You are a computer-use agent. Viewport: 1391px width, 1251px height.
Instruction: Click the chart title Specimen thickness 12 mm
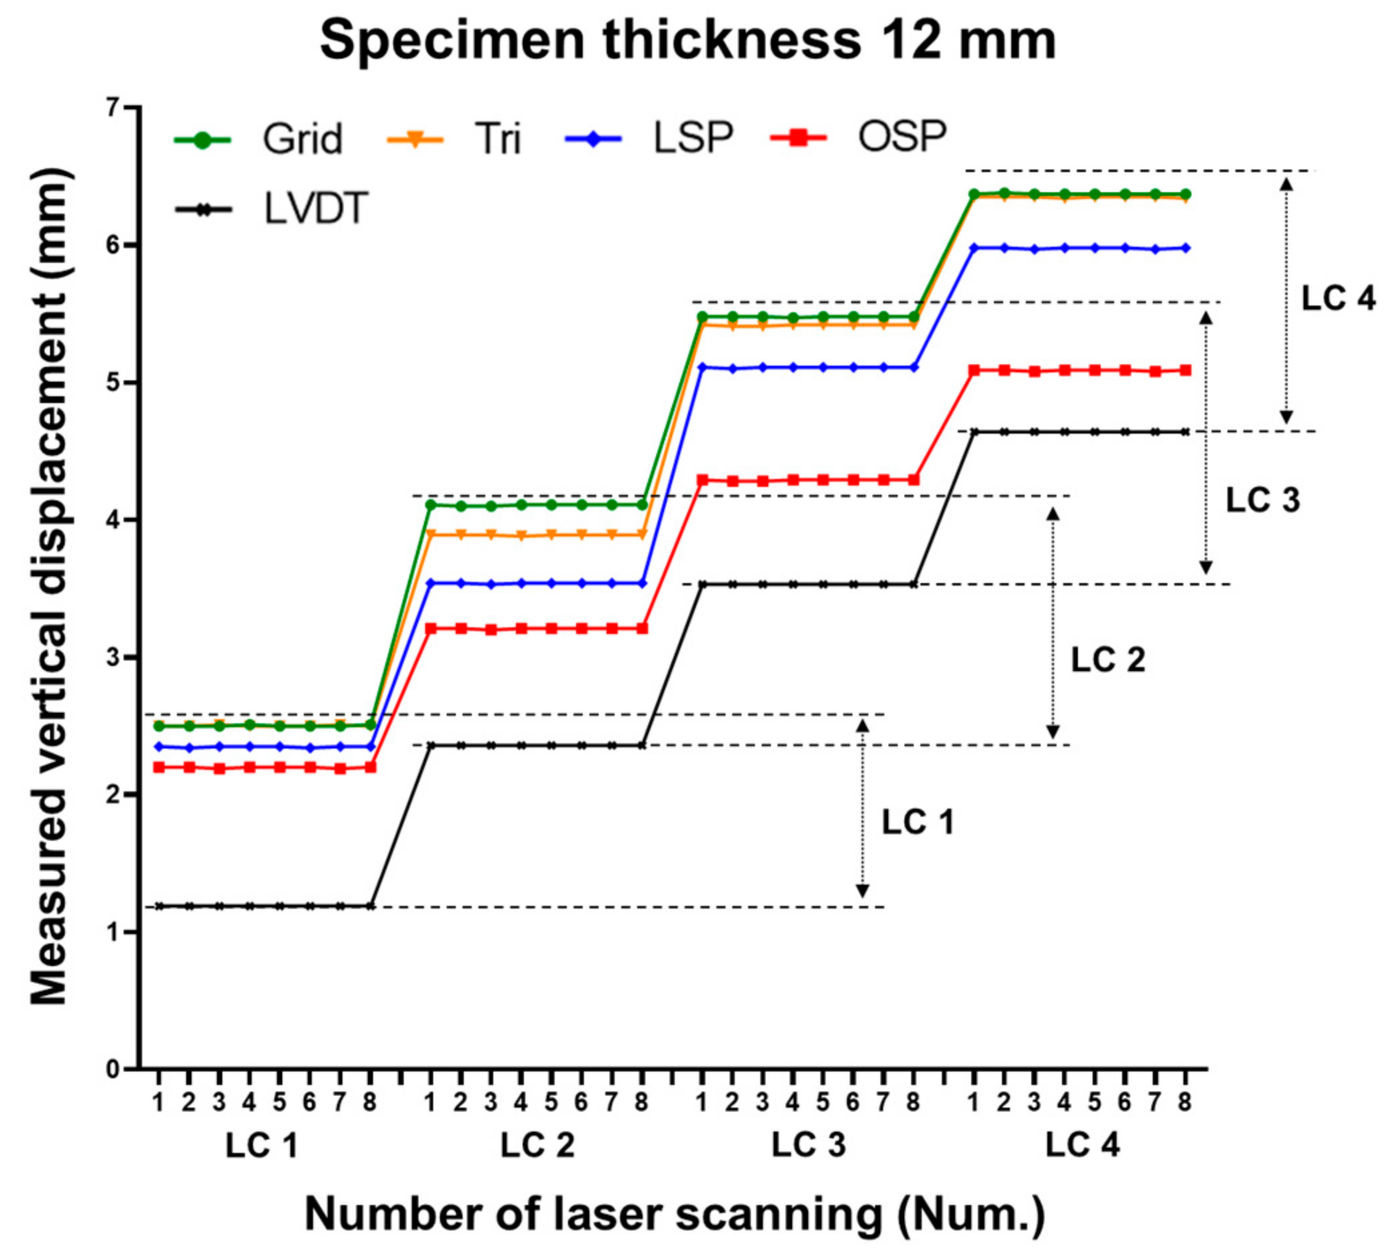tap(687, 40)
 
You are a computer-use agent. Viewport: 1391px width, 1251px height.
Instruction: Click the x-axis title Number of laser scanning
tap(674, 1213)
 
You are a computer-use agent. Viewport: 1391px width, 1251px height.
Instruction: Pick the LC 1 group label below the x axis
tap(261, 1146)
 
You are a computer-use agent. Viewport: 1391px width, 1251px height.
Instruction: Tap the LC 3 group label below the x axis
tap(808, 1146)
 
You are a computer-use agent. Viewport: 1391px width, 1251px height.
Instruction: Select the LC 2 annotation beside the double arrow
tap(1108, 660)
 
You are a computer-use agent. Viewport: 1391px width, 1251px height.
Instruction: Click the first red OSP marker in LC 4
tap(974, 370)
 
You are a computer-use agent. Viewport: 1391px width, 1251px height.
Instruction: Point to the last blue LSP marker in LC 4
tap(1185, 248)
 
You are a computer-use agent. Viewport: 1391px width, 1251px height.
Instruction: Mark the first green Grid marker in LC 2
tap(431, 504)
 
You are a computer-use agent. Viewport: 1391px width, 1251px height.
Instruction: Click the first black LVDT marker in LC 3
tap(702, 585)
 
